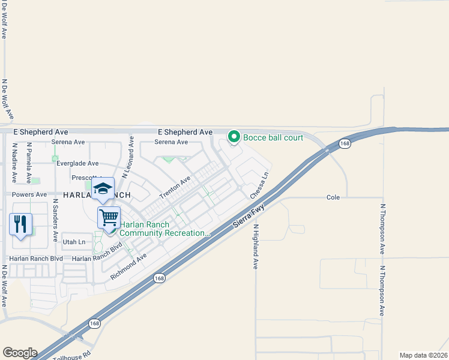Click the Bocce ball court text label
click(273, 137)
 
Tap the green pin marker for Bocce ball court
click(234, 137)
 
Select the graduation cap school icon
click(103, 188)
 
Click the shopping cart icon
click(109, 217)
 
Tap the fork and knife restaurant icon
click(21, 224)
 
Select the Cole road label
click(333, 197)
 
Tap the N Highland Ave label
click(255, 247)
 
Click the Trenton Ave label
click(175, 188)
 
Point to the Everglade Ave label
click(77, 163)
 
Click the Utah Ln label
click(74, 242)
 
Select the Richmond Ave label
click(128, 268)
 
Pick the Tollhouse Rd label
click(74, 355)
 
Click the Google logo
click(20, 353)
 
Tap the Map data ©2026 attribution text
click(423, 355)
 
